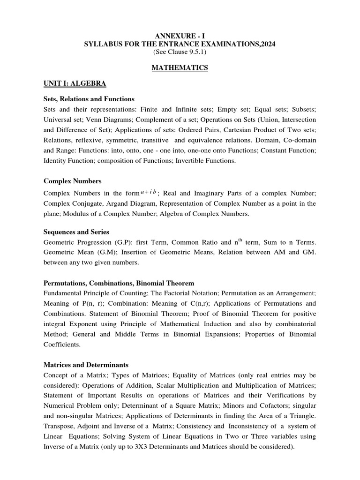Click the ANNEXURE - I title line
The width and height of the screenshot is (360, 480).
(180, 37)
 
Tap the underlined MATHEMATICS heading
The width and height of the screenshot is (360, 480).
(180, 68)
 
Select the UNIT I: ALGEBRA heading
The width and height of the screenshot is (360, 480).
(75, 84)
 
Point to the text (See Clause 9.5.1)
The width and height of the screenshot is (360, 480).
(180, 52)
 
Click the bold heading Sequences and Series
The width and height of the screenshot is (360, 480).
(76, 232)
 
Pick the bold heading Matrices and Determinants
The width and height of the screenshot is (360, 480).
(86, 364)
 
